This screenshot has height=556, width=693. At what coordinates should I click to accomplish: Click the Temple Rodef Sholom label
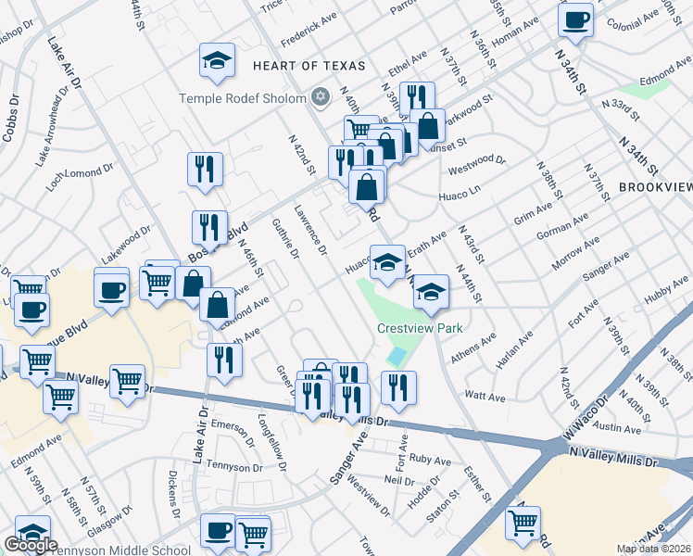pyautogui.click(x=242, y=98)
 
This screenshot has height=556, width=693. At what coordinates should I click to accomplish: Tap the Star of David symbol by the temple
pyautogui.click(x=321, y=97)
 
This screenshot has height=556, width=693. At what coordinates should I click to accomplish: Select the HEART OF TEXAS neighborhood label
pyautogui.click(x=309, y=67)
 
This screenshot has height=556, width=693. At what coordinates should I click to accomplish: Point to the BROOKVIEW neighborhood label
pyautogui.click(x=655, y=186)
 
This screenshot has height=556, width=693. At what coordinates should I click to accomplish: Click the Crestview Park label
pyautogui.click(x=420, y=328)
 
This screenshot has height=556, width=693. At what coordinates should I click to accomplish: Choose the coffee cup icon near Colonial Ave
pyautogui.click(x=575, y=20)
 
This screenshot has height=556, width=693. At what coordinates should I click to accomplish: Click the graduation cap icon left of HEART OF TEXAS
pyautogui.click(x=217, y=62)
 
